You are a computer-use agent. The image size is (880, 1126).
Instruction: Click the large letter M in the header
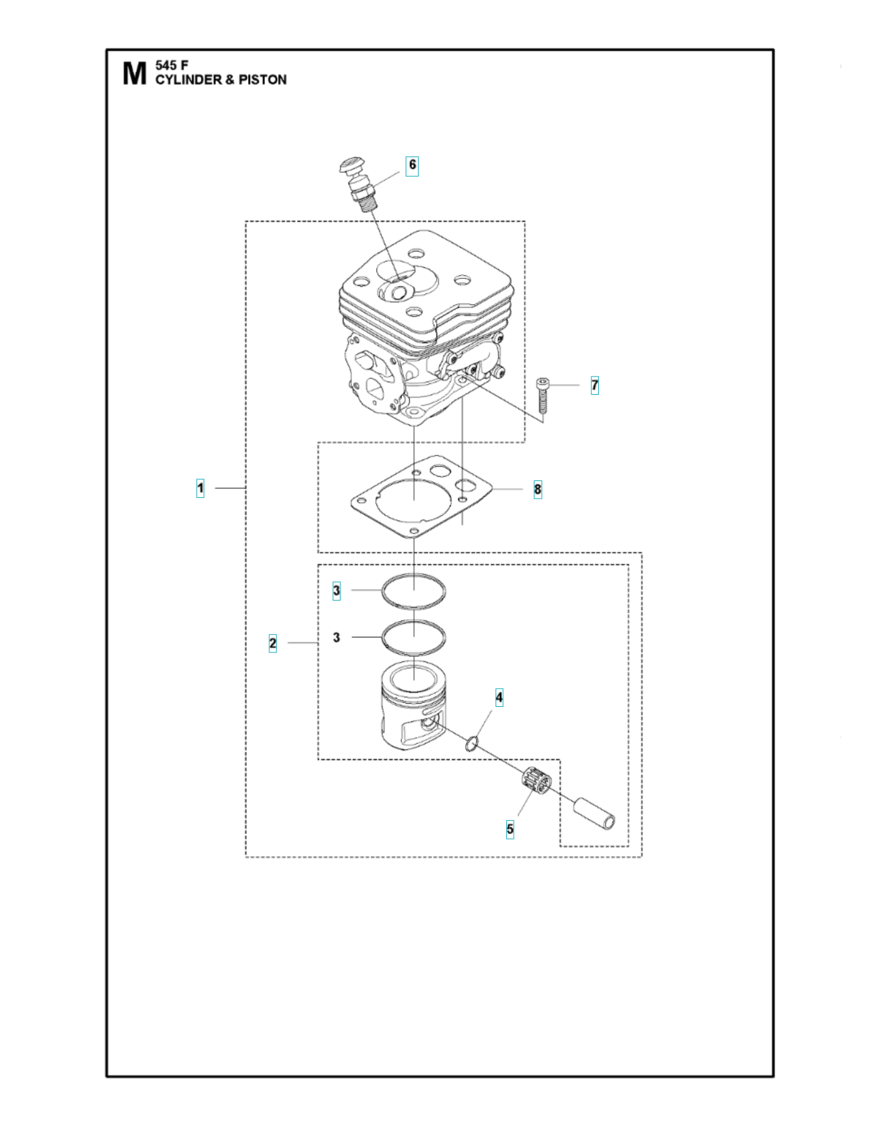pyautogui.click(x=134, y=73)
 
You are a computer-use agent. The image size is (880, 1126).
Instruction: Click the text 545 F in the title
pyautogui.click(x=172, y=65)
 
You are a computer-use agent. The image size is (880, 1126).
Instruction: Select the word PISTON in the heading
pyautogui.click(x=262, y=80)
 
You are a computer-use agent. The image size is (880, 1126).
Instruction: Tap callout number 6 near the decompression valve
pyautogui.click(x=412, y=165)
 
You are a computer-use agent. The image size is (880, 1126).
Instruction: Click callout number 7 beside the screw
pyautogui.click(x=594, y=385)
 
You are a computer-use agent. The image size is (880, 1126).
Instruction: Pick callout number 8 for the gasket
pyautogui.click(x=537, y=489)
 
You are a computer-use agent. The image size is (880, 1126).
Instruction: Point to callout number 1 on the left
pyautogui.click(x=200, y=488)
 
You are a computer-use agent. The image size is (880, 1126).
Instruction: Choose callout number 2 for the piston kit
pyautogui.click(x=272, y=643)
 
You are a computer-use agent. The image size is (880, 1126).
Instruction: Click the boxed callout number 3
pyautogui.click(x=336, y=591)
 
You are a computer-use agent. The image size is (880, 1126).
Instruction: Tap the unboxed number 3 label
pyautogui.click(x=336, y=637)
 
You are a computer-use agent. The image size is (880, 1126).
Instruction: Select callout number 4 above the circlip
pyautogui.click(x=499, y=697)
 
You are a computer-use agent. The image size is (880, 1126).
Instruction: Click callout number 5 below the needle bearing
pyautogui.click(x=510, y=829)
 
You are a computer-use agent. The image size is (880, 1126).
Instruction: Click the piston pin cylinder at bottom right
pyautogui.click(x=594, y=813)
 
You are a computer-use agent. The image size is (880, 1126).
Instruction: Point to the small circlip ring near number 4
pyautogui.click(x=472, y=744)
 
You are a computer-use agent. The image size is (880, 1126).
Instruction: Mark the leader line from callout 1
pyautogui.click(x=230, y=488)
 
